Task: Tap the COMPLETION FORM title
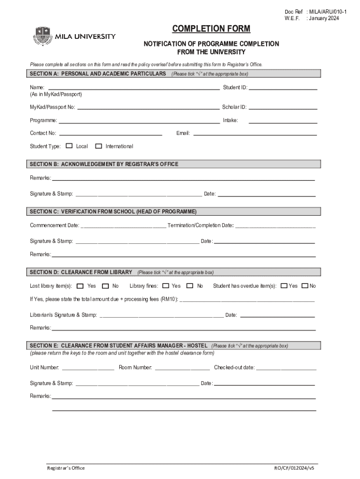coord(211,29)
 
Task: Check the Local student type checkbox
coord(69,146)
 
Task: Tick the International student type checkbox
coord(98,146)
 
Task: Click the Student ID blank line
coord(283,88)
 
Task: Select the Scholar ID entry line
coord(283,108)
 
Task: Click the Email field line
coord(255,134)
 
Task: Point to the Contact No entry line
coord(110,134)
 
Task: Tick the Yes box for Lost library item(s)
coord(80,286)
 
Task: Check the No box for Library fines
coord(190,286)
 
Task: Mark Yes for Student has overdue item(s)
coord(284,286)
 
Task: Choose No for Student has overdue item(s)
coord(305,286)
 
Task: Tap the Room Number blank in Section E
coord(182,368)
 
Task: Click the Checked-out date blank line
coord(286,368)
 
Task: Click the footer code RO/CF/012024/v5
coord(295,468)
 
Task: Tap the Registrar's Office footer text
coord(66,468)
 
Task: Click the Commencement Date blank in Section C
coord(123,226)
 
